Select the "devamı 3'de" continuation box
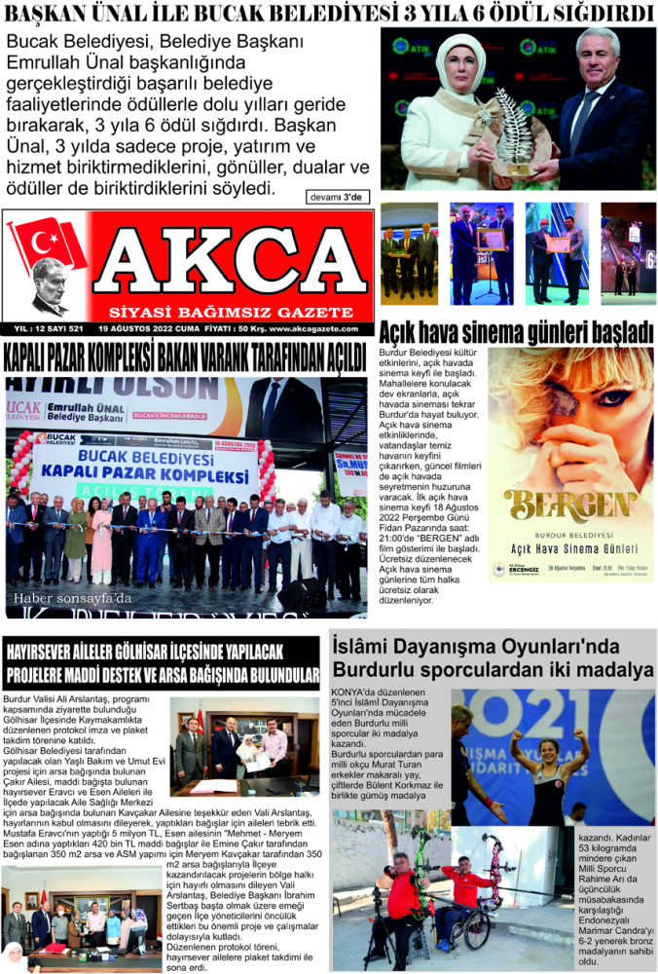click(338, 197)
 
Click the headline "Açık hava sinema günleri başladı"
click(516, 332)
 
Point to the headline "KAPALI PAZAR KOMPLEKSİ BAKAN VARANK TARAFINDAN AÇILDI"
click(185, 356)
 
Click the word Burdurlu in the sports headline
click(376, 670)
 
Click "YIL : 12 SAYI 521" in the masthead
click(46, 328)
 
